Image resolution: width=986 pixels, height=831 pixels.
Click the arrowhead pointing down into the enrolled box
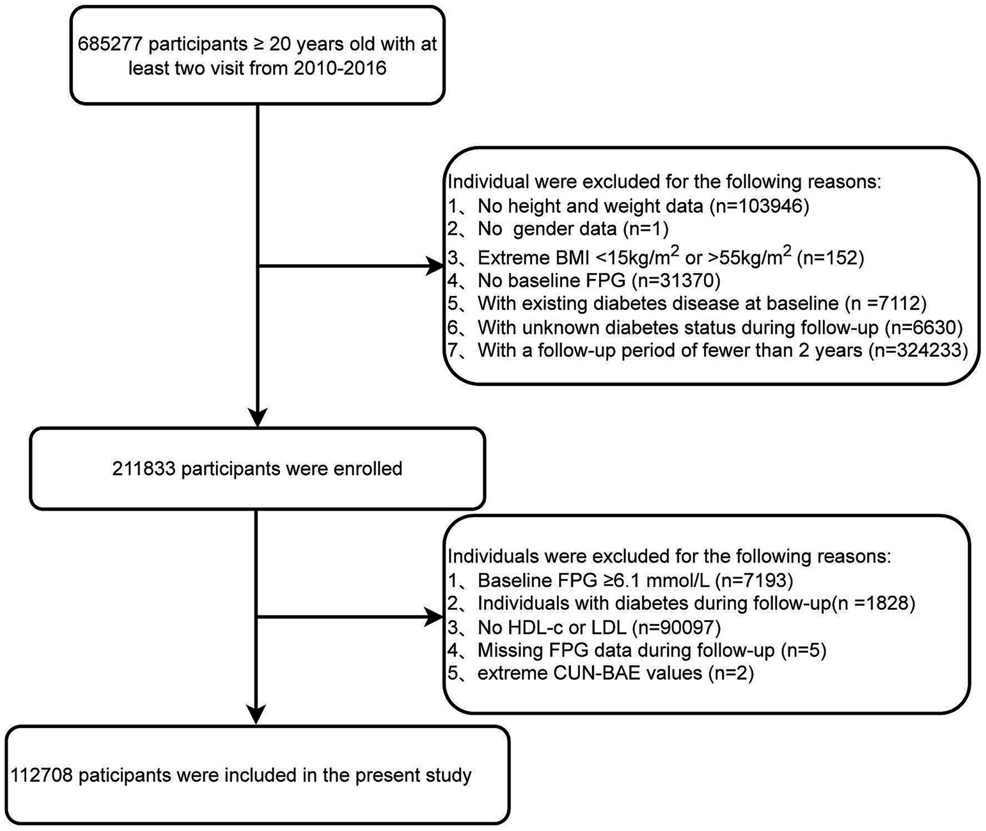pyautogui.click(x=256, y=417)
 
